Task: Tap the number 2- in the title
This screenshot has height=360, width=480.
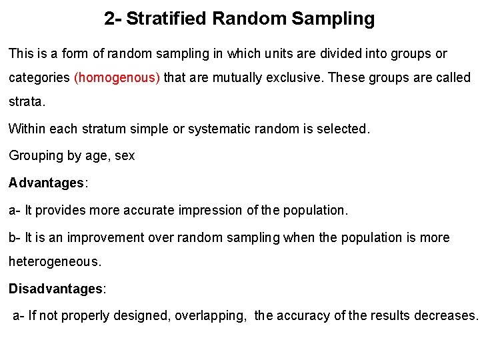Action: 113,19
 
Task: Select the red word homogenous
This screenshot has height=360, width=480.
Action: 117,77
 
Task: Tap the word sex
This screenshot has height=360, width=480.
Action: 125,156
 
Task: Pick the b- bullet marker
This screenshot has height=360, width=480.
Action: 15,237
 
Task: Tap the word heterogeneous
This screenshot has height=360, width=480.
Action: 55,263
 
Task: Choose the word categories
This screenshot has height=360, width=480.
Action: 39,77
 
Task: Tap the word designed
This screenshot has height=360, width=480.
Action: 143,315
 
